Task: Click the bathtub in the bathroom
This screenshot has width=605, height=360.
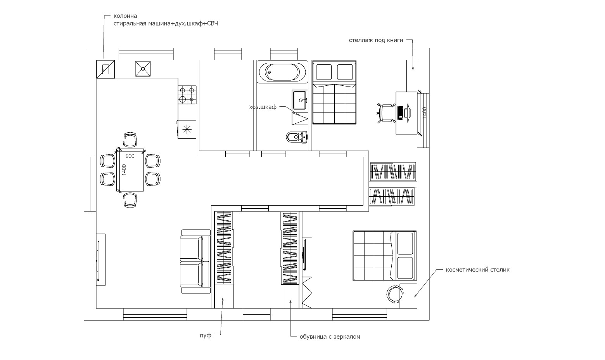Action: click(282, 71)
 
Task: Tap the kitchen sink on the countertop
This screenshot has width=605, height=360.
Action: click(143, 69)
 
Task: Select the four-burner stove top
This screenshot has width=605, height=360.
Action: click(187, 95)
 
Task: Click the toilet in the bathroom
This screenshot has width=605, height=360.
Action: click(297, 137)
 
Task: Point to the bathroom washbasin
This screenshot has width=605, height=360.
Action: click(300, 100)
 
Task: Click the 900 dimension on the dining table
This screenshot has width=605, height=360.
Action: click(130, 156)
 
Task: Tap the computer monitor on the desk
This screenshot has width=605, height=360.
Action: click(408, 113)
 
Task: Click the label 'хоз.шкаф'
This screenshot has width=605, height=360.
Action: click(263, 107)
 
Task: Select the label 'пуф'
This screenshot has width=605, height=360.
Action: click(206, 336)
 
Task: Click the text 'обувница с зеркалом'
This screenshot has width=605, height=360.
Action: click(330, 337)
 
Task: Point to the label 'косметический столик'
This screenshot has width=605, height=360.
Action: click(477, 270)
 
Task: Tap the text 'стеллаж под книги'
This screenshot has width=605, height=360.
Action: click(376, 40)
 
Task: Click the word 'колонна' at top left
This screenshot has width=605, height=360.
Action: click(125, 16)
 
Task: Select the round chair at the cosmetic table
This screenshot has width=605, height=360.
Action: click(394, 294)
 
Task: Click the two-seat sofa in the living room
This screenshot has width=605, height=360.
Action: click(195, 261)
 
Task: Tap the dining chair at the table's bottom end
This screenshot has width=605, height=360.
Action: click(130, 200)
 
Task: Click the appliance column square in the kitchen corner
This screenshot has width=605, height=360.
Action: click(105, 69)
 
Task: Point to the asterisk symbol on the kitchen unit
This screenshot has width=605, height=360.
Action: click(187, 130)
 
